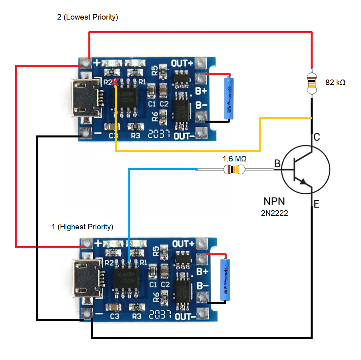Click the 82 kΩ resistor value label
(335, 83)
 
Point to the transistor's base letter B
(277, 163)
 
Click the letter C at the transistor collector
(316, 137)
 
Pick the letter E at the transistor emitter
(316, 205)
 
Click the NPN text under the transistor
(274, 201)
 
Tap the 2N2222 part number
(274, 213)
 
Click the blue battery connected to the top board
(229, 98)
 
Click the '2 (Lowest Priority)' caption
(88, 17)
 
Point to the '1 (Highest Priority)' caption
(82, 227)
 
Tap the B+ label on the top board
(201, 91)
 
